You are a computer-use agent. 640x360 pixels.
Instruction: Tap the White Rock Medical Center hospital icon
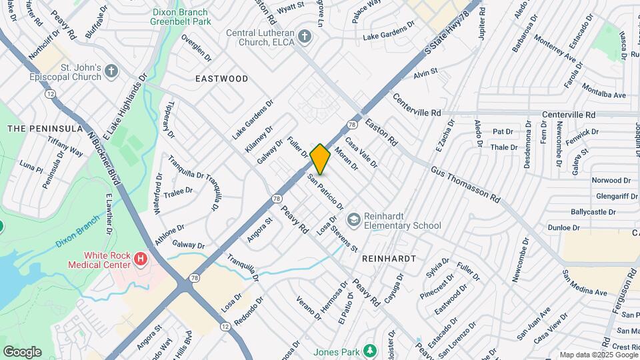[140, 258]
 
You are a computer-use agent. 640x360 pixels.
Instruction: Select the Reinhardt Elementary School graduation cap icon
[353, 219]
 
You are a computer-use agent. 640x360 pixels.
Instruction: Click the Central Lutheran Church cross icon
[305, 35]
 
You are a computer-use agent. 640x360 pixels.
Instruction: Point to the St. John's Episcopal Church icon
[111, 70]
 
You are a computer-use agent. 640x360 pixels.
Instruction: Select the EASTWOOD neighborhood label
[221, 79]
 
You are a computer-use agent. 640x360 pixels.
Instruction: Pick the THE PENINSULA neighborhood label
[45, 128]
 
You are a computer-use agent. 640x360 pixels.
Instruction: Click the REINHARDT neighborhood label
[389, 258]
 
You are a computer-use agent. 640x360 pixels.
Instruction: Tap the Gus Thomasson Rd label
[465, 185]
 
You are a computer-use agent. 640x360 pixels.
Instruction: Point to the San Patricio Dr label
[325, 193]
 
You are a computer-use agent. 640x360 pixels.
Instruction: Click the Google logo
[22, 351]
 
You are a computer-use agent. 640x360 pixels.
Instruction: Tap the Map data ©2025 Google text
[598, 355]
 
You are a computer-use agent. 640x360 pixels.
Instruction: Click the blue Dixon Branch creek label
[78, 235]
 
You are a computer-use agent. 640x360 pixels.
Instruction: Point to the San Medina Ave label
[585, 283]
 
